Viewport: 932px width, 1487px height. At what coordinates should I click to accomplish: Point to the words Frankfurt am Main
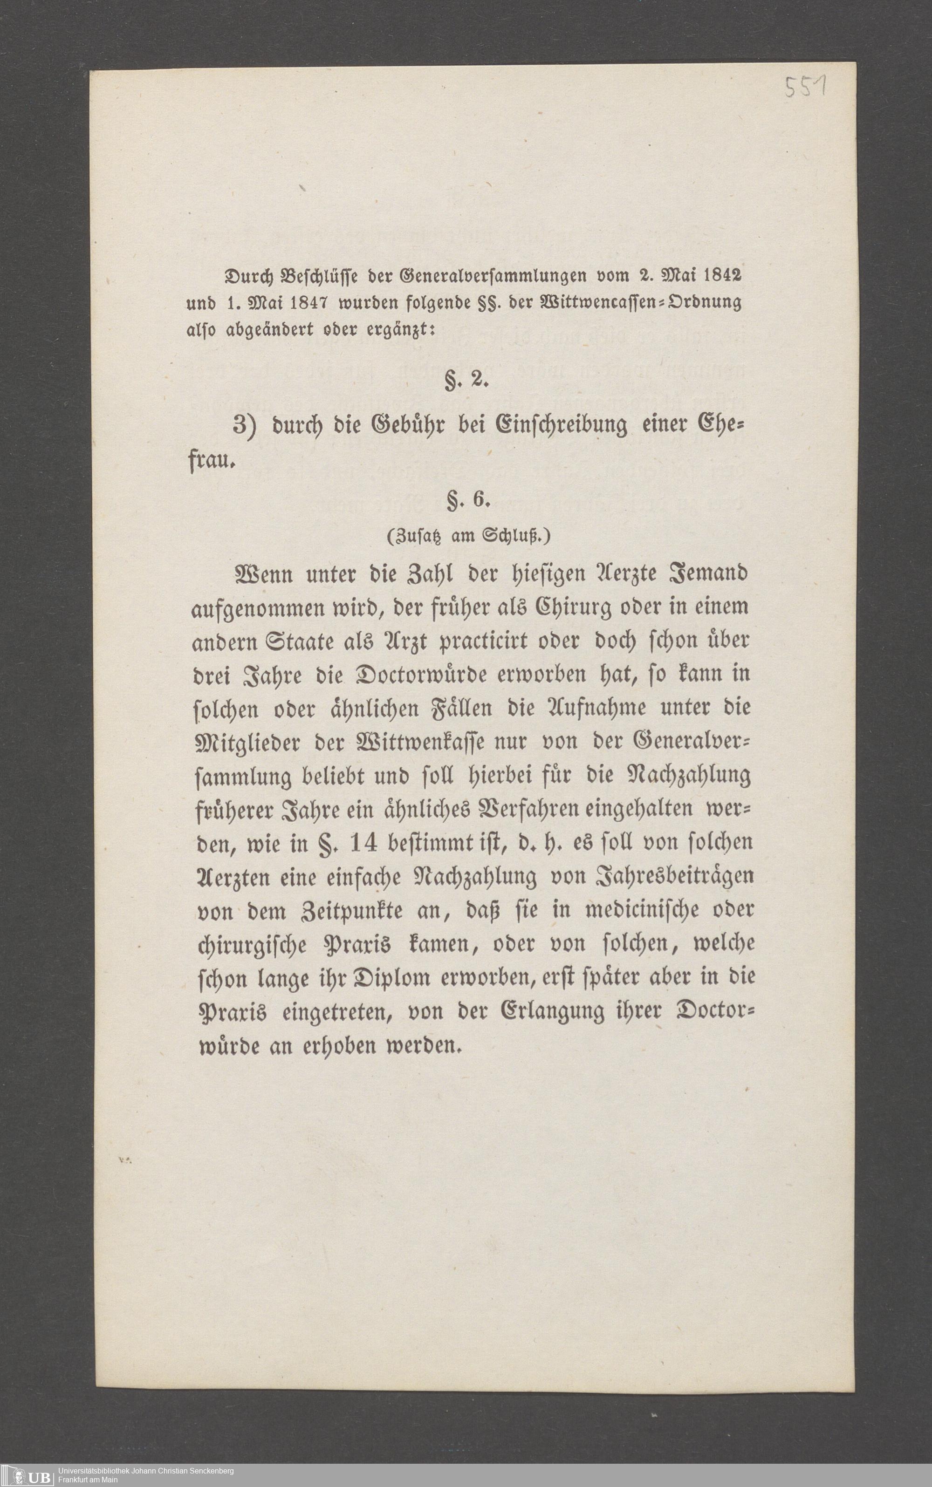88,1477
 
